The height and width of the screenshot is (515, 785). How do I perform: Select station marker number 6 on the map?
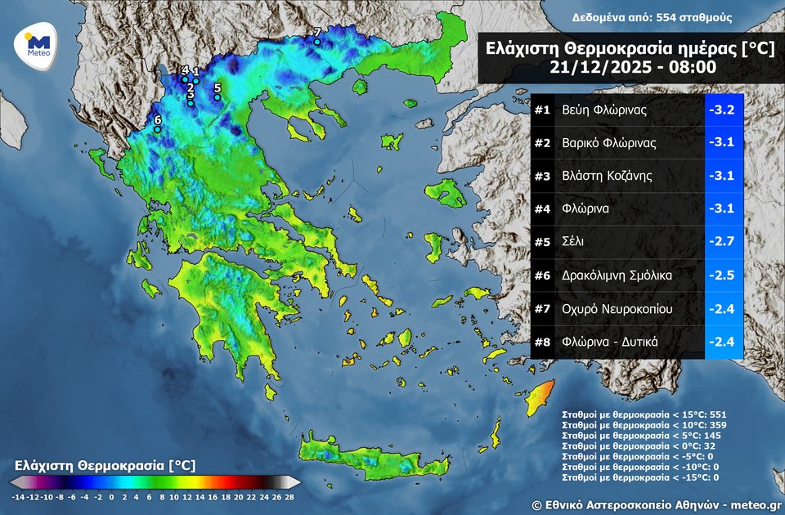(158, 129)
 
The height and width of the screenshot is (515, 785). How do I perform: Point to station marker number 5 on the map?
(218, 97)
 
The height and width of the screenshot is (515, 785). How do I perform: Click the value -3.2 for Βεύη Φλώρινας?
(724, 110)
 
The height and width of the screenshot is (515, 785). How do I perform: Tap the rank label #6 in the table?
(541, 275)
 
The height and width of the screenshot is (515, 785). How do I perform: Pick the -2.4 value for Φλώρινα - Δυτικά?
(724, 342)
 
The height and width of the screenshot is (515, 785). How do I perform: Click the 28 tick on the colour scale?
(289, 496)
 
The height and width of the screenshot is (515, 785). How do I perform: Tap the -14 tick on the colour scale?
(18, 496)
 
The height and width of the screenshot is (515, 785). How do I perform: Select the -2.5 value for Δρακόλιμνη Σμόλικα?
(724, 275)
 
